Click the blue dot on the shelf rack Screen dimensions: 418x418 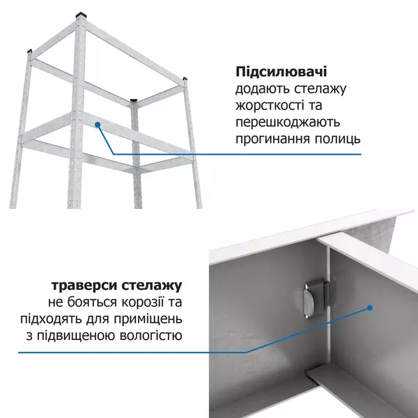98,125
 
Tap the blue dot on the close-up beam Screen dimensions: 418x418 371,307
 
